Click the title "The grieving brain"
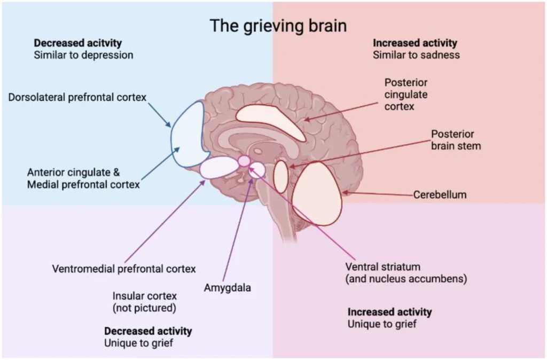(278, 26)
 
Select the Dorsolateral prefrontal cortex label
(77, 97)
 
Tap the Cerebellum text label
(440, 194)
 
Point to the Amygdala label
(228, 288)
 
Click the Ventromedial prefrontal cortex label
(124, 269)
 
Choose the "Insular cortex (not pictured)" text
(144, 302)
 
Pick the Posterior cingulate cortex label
(406, 95)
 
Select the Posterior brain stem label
(456, 140)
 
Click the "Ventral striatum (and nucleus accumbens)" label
(406, 273)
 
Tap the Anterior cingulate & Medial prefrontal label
(83, 178)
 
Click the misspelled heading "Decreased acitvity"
(78, 43)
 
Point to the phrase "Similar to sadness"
(416, 55)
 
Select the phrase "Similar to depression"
(83, 55)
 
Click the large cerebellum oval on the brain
(317, 193)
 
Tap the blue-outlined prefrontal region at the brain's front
(189, 134)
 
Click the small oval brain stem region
(281, 176)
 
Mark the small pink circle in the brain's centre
(244, 161)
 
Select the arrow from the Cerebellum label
(378, 193)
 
